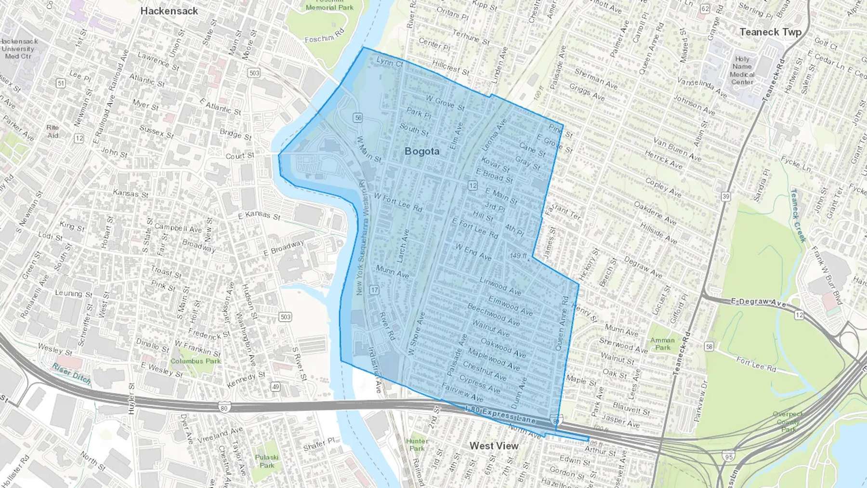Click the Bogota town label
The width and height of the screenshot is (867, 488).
click(422, 151)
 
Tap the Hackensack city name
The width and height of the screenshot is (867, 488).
click(169, 11)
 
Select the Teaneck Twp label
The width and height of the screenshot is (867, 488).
click(770, 32)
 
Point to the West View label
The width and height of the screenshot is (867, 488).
click(494, 446)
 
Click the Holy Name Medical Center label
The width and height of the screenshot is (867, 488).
click(742, 70)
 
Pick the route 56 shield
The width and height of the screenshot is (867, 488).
click(357, 118)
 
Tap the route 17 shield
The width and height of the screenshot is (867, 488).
click(374, 290)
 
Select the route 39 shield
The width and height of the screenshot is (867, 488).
click(725, 196)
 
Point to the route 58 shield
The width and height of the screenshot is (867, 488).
click(709, 346)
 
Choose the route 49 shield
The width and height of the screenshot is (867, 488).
click(275, 386)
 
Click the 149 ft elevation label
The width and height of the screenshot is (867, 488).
click(518, 256)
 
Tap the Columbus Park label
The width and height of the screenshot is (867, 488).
click(195, 361)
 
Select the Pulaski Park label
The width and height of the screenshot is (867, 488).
click(267, 461)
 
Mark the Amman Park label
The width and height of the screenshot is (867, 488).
click(662, 343)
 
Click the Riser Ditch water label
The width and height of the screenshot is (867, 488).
click(72, 373)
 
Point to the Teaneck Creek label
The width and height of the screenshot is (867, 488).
click(798, 215)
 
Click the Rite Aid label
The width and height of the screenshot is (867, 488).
click(53, 131)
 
